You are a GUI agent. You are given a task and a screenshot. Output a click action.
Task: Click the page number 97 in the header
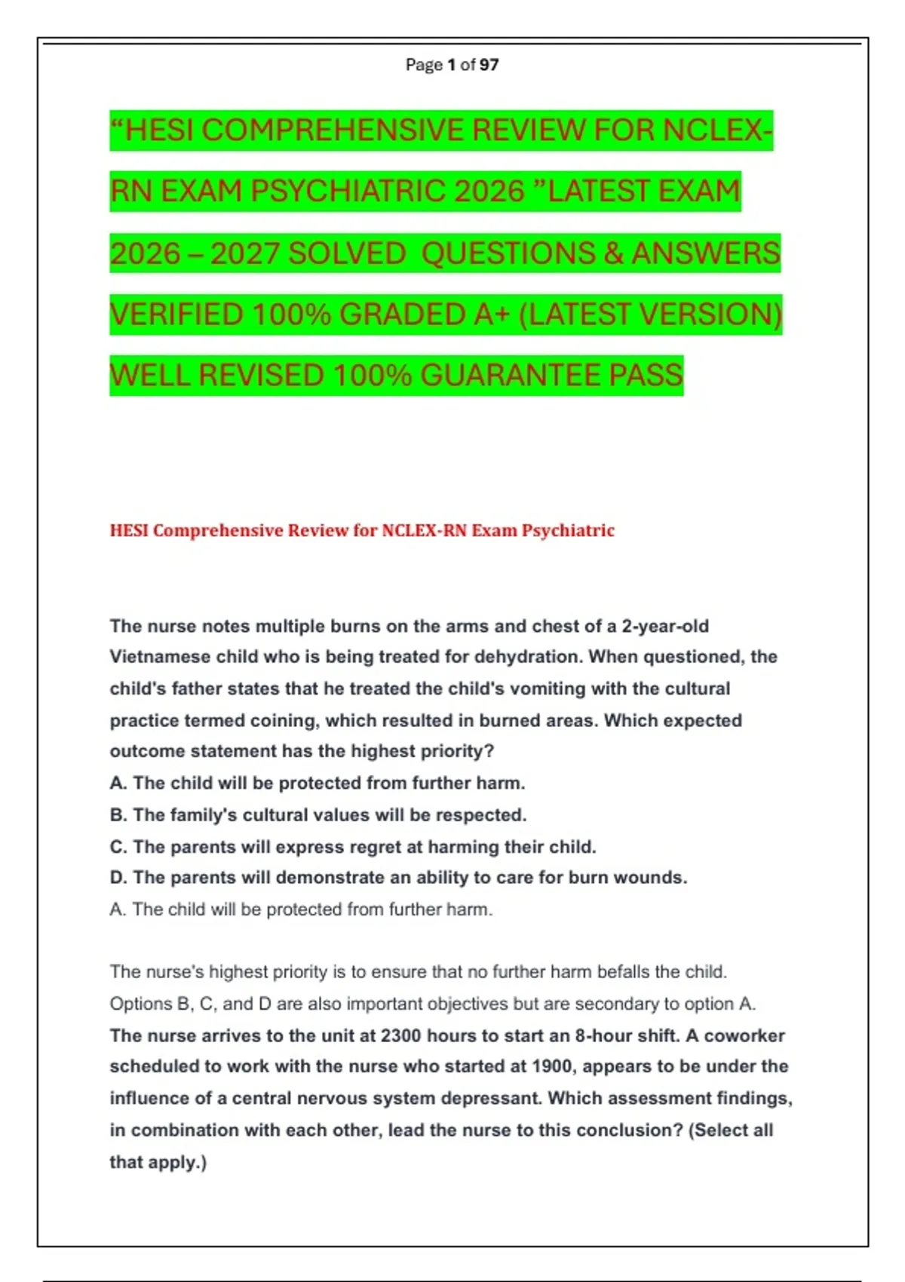[489, 65]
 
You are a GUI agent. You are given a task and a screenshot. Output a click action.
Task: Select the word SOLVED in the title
[347, 253]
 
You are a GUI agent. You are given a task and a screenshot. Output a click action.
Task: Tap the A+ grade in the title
[492, 314]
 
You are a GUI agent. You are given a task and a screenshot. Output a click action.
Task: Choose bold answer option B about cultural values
[318, 815]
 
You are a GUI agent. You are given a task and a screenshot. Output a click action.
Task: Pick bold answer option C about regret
[352, 847]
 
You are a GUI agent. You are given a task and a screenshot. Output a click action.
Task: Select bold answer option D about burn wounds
[398, 878]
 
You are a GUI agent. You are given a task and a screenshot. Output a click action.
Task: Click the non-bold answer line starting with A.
[300, 909]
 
